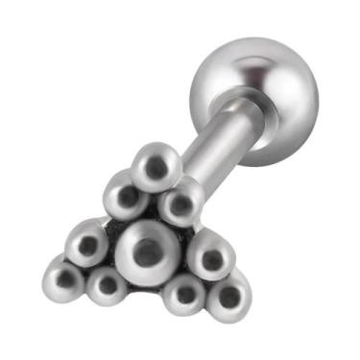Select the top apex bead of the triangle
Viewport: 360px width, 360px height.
tap(156, 165)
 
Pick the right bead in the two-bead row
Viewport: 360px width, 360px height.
tap(179, 203)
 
